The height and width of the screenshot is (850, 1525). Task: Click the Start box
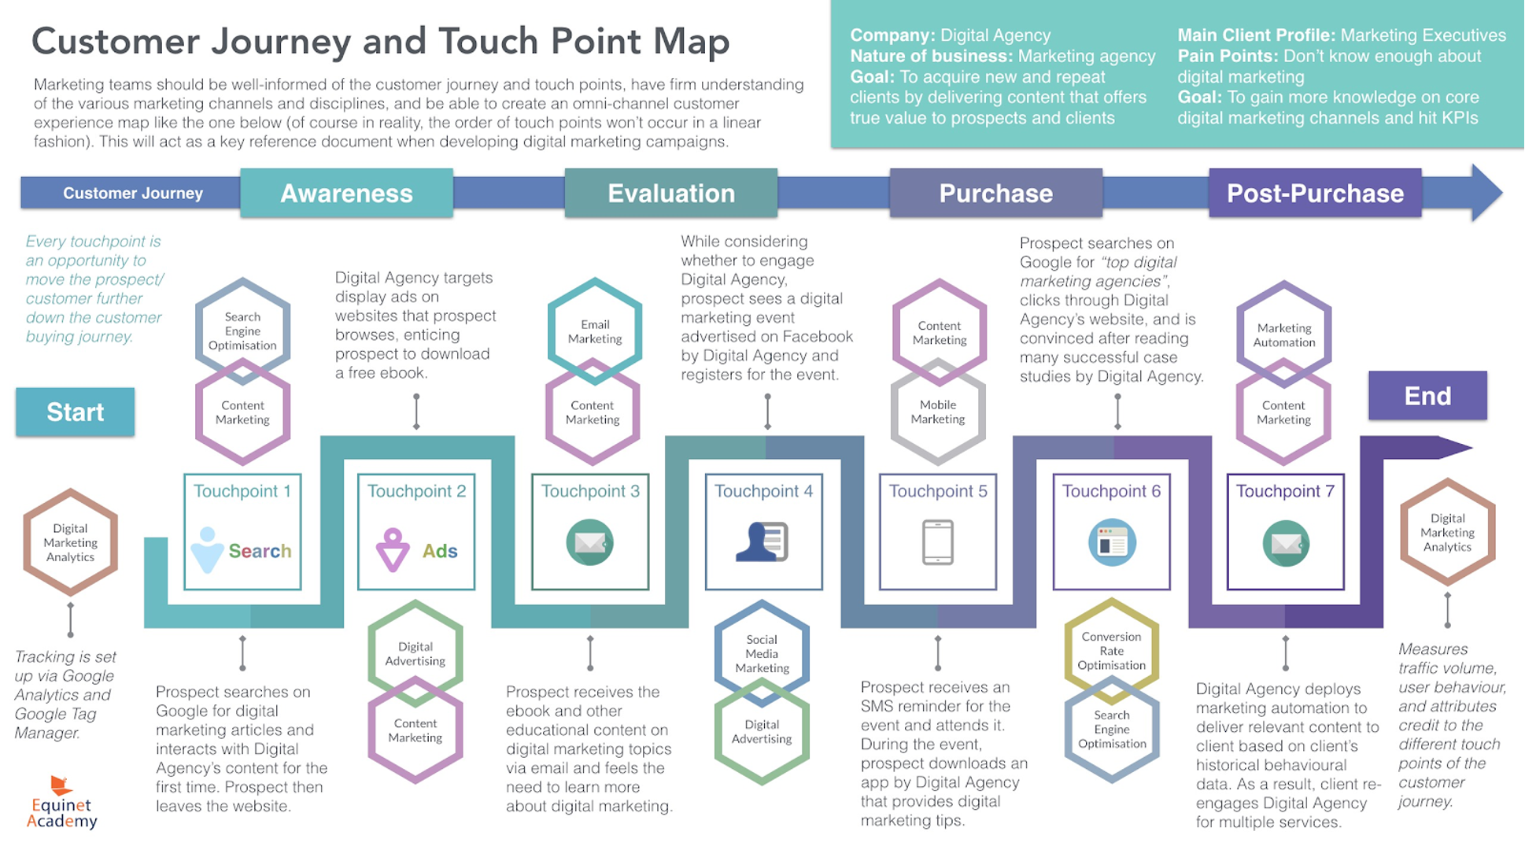coord(75,412)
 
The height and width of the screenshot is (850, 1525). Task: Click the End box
coord(1427,395)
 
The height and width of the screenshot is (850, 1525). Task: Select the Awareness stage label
coord(346,193)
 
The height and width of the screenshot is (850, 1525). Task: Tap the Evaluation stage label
coord(670,193)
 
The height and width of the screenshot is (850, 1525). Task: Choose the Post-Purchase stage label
coord(1315,193)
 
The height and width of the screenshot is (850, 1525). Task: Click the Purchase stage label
coord(995,193)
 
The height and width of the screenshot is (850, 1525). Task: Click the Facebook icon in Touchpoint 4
coord(762,541)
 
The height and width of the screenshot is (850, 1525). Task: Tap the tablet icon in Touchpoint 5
coord(937,542)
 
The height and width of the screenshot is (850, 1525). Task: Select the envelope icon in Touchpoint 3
coord(589,542)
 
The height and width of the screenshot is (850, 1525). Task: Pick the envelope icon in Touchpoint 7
coord(1285,543)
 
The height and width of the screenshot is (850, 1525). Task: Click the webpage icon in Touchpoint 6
coord(1111,542)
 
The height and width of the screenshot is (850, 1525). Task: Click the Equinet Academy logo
coord(61,803)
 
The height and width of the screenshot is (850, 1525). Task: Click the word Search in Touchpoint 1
coord(260,551)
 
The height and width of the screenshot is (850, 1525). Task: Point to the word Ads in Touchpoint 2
coord(440,551)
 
